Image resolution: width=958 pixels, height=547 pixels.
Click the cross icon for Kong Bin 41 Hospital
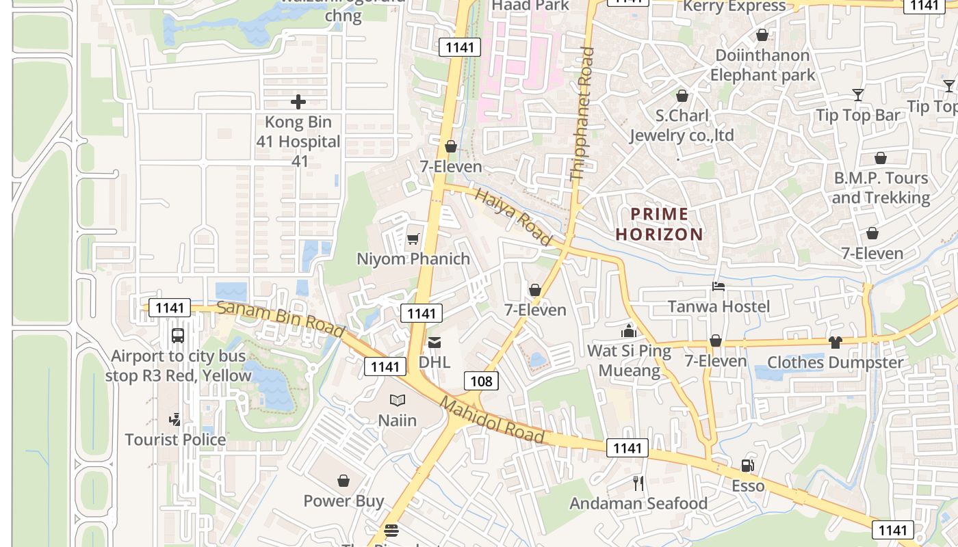[298, 102]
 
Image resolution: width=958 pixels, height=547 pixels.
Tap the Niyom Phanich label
[413, 259]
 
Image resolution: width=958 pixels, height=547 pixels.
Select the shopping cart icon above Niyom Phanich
[413, 239]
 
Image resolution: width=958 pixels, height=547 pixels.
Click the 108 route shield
[482, 381]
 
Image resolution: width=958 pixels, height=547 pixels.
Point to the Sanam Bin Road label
[281, 319]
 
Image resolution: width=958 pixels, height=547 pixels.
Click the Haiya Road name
[513, 217]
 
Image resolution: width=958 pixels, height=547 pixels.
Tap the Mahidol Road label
[492, 421]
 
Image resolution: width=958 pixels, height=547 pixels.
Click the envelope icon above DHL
[435, 343]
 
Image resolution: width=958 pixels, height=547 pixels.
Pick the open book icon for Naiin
[398, 400]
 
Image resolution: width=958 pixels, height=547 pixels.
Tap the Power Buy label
[344, 501]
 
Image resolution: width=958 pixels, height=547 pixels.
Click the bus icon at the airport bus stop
[178, 336]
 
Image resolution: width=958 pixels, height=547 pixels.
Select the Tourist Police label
[175, 440]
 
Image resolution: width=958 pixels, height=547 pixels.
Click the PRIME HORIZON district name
[659, 224]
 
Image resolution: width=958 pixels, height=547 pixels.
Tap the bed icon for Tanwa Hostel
[718, 286]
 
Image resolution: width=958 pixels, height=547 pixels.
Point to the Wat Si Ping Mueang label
[629, 361]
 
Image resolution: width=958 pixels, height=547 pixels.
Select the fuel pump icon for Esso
[747, 466]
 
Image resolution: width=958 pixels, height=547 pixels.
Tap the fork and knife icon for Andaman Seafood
[638, 483]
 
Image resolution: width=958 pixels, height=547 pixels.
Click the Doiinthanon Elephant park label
[762, 65]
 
